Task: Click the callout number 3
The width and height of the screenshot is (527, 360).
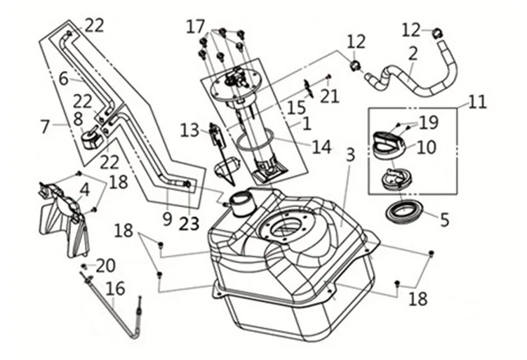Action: tap(350, 155)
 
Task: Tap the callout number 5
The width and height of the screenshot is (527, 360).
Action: tap(443, 219)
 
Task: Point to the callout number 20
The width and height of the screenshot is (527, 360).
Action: tap(105, 266)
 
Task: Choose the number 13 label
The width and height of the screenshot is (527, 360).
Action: tap(189, 130)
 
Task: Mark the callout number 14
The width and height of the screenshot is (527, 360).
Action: tap(321, 148)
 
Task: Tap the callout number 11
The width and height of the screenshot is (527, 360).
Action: tap(476, 102)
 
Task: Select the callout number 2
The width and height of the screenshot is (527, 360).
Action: tap(413, 52)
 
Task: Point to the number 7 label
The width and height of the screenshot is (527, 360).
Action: tap(45, 127)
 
